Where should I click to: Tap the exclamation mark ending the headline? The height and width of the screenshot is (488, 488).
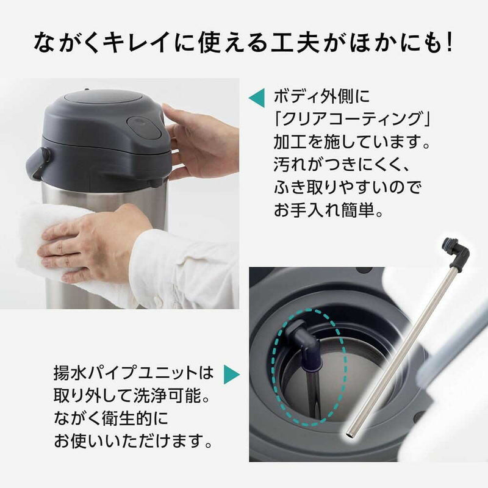tap(448, 42)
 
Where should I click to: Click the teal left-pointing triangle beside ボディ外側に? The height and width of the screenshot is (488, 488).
tap(256, 98)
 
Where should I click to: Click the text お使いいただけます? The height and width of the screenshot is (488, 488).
tap(129, 440)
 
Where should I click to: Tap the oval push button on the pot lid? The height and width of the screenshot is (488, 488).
tap(145, 126)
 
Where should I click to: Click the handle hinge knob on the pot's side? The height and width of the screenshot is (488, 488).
tap(45, 155)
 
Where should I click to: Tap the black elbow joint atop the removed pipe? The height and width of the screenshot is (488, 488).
tap(454, 253)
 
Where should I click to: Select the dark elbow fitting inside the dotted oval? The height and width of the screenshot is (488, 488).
tap(304, 341)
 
